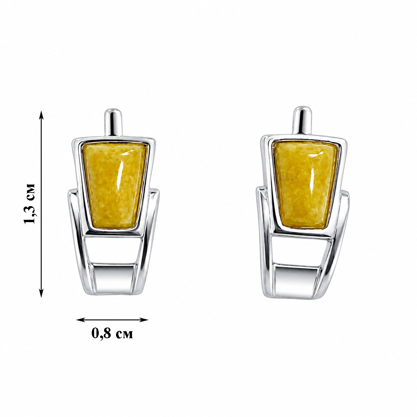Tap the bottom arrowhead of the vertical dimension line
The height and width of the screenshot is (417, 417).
[41, 293]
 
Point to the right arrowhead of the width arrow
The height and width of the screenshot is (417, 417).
[143, 320]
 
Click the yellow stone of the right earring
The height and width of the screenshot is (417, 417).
[305, 184]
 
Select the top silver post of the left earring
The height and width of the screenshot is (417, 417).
[113, 122]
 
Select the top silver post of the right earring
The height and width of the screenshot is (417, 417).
[302, 120]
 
